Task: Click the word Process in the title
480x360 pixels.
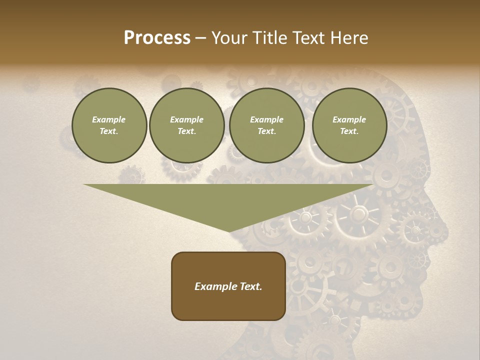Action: (x=157, y=38)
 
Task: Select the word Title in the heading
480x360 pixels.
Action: (x=270, y=38)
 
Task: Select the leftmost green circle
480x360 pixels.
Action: (x=109, y=125)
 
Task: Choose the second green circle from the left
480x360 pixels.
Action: (x=186, y=125)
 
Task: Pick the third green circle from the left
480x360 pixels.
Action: (x=266, y=125)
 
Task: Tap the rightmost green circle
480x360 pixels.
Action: (x=349, y=125)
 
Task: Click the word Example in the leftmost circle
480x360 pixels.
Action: (x=109, y=119)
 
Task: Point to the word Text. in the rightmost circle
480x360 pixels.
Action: (x=349, y=131)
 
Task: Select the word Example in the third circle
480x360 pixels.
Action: (x=266, y=119)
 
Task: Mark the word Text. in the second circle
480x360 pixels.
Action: (x=186, y=131)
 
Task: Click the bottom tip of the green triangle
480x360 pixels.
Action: (x=229, y=231)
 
